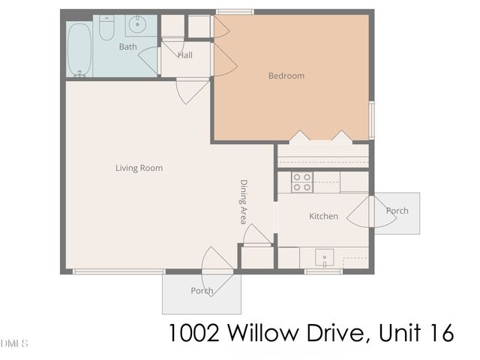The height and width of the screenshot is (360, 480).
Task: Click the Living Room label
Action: coord(139,168)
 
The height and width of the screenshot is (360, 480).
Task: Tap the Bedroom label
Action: coord(286,76)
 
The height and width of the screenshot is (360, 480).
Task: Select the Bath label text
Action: coord(127,47)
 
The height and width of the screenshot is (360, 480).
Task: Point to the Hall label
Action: coord(184,55)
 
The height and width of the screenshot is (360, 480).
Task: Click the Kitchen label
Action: coord(323,217)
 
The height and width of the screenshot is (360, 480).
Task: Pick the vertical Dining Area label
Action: coord(244,201)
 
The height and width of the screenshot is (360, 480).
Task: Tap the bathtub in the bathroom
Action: coord(79,49)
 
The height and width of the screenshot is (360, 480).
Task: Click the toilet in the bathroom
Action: coord(107,28)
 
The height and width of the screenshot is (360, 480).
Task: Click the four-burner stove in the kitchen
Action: coord(302,182)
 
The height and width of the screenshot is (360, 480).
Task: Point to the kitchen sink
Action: coord(324,258)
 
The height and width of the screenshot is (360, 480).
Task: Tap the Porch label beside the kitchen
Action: coord(397,211)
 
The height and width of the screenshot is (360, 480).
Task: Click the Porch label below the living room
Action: coord(202,291)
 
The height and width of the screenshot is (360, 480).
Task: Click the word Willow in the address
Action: coord(259,332)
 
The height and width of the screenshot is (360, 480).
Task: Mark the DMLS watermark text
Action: coord(14,343)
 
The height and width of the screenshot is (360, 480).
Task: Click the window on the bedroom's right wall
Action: coord(371,120)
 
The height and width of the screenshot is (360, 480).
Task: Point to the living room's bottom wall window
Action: coord(119,271)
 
